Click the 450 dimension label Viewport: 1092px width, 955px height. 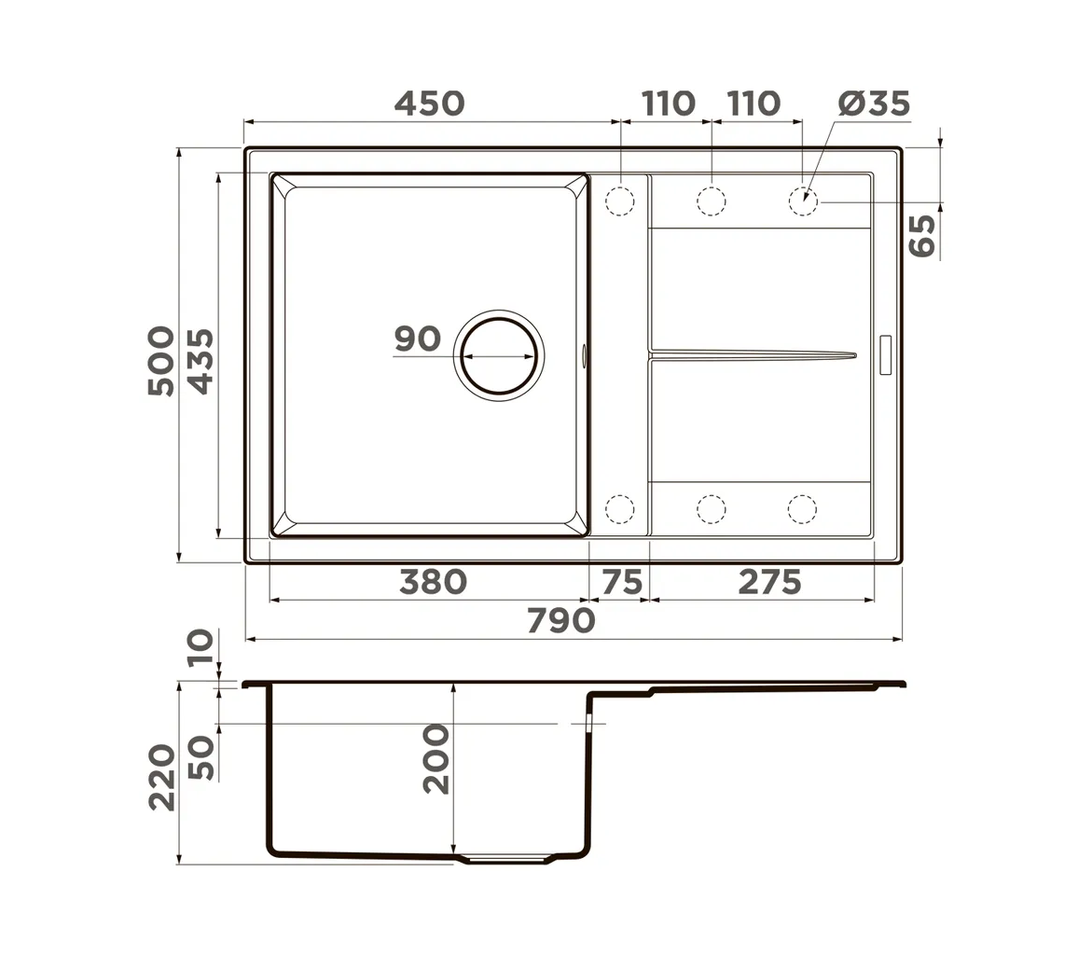pyautogui.click(x=429, y=104)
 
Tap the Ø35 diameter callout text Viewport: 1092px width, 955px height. pyautogui.click(x=874, y=104)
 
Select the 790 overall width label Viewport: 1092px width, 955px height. pyautogui.click(x=561, y=620)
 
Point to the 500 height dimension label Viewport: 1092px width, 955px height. pyautogui.click(x=161, y=361)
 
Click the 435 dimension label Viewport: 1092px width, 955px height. pyautogui.click(x=201, y=362)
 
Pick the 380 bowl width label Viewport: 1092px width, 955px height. pyautogui.click(x=433, y=582)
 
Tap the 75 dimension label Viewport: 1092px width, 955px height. pyautogui.click(x=621, y=582)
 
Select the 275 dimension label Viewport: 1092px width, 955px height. pyautogui.click(x=769, y=582)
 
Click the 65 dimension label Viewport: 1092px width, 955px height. pyautogui.click(x=922, y=235)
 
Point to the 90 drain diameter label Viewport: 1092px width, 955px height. pyautogui.click(x=417, y=339)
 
